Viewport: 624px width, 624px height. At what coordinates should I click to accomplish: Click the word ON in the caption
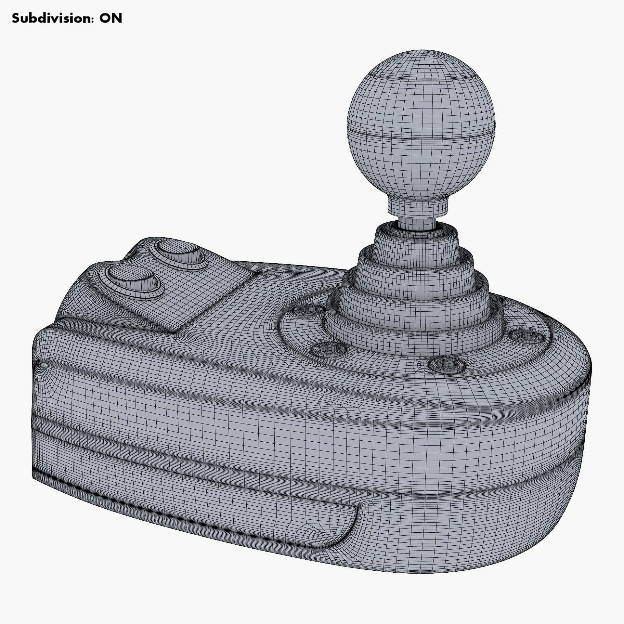[111, 19]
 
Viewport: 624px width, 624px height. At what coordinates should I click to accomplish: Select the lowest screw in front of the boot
[444, 365]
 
